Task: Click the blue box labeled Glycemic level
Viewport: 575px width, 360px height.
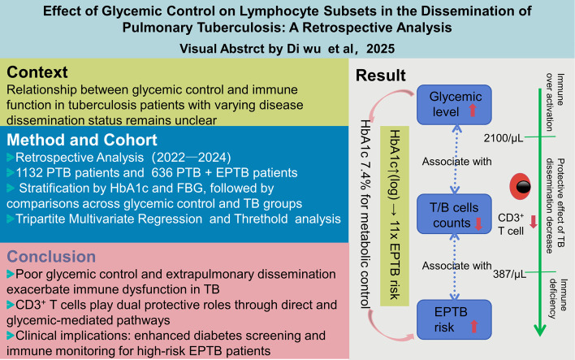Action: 454,105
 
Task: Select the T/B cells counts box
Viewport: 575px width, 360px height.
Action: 454,214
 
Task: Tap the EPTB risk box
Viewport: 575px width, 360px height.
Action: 454,319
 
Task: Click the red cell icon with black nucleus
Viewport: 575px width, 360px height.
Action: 521,187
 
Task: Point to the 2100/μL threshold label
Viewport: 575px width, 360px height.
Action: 504,138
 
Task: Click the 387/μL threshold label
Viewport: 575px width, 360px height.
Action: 509,274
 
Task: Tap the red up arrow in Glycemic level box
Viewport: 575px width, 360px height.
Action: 473,110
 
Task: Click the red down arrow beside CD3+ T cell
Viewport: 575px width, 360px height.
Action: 534,222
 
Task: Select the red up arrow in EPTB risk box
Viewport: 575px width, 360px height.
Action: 473,326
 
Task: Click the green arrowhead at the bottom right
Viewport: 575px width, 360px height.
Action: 540,330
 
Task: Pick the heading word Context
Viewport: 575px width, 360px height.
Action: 37,72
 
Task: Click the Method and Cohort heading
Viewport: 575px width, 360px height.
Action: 82,140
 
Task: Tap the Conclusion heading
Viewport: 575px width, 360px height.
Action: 51,257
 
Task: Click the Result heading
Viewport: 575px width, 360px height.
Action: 381,76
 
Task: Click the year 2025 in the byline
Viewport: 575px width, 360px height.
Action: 380,49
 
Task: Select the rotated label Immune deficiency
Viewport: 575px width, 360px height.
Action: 558,299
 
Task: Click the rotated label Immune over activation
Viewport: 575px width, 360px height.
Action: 555,102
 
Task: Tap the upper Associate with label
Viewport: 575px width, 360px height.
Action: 456,162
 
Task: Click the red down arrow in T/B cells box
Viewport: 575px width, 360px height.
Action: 478,223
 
